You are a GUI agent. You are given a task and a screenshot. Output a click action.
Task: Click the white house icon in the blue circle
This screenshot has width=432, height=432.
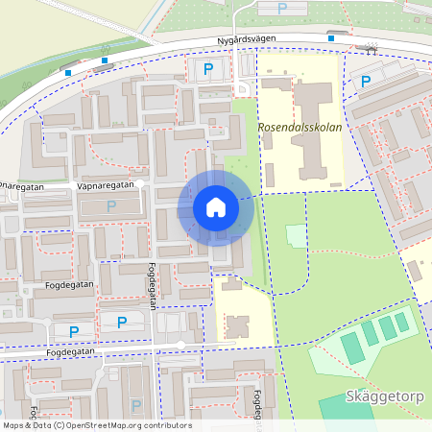[215, 206]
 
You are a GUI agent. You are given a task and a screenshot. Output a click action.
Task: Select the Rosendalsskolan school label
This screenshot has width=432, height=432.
[300, 126]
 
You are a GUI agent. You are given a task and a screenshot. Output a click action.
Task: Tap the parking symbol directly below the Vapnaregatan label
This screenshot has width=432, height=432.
[111, 205]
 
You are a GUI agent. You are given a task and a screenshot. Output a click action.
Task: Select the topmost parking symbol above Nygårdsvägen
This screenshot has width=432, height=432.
[281, 9]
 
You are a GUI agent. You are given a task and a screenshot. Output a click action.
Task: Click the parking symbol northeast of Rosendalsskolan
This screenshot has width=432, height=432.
[365, 82]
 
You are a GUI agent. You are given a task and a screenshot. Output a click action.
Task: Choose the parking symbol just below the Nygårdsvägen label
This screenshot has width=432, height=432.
[208, 68]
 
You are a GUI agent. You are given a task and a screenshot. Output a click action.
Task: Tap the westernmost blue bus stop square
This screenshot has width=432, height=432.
[68, 72]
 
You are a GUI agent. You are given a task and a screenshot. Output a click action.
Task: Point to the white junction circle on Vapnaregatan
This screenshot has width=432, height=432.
[140, 182]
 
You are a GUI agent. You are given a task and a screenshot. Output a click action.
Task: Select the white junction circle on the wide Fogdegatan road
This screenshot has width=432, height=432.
[180, 345]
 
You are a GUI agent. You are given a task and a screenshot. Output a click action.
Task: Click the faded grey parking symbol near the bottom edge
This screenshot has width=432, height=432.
[135, 406]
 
